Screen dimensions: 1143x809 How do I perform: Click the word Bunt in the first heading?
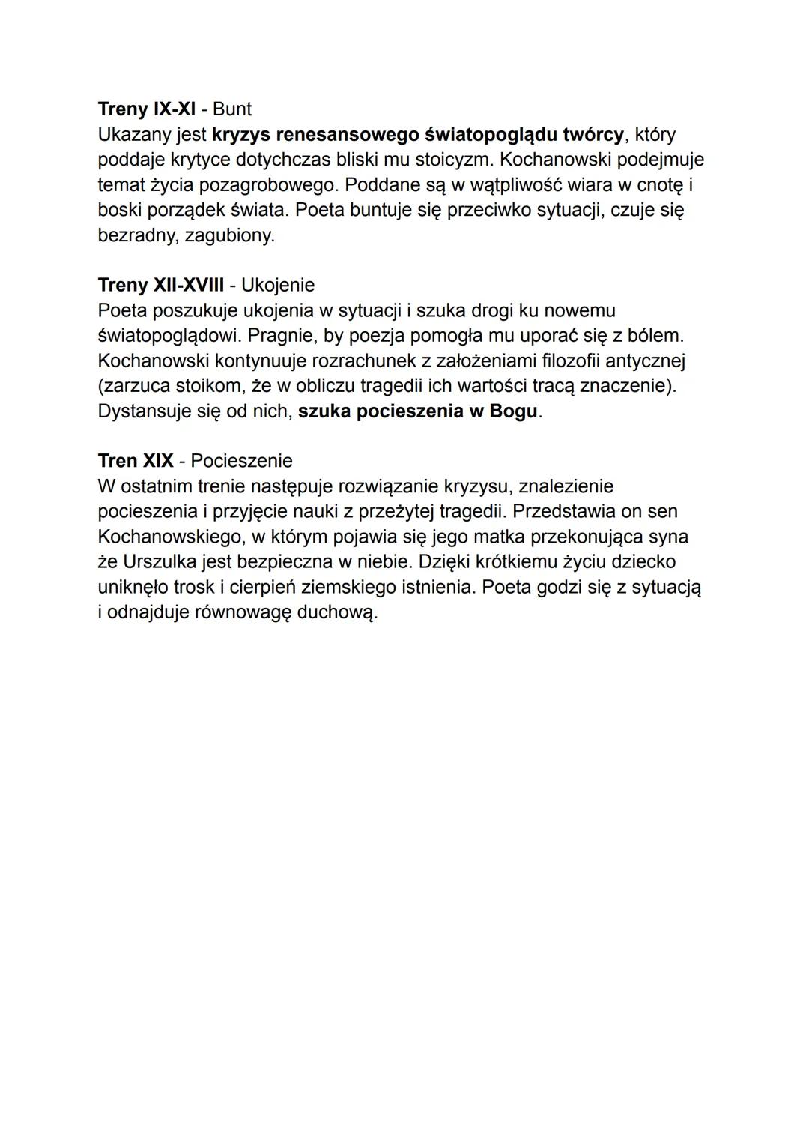232,109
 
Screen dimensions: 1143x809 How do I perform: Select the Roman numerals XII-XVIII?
188,286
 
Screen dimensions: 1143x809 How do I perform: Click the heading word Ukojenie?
278,286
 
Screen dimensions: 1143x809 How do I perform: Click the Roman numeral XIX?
158,461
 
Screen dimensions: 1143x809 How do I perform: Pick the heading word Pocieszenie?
241,461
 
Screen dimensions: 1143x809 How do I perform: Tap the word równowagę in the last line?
243,613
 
